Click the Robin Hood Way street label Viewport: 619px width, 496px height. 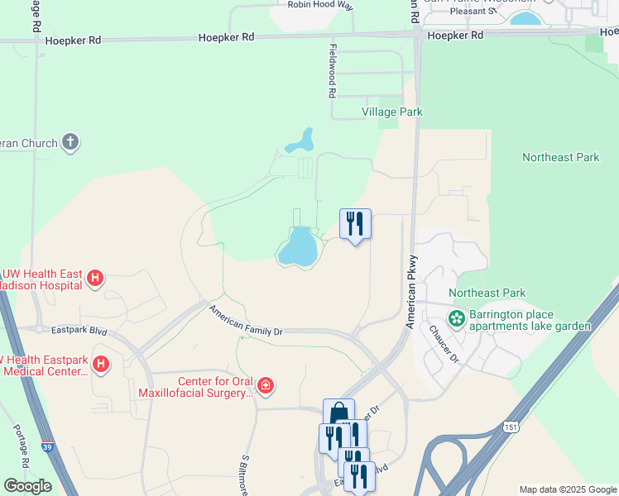(320, 5)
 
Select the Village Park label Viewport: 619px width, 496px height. (391, 112)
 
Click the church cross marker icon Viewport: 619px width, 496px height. (71, 142)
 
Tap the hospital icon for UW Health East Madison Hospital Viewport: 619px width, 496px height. (95, 279)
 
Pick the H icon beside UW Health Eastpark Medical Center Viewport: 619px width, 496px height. (101, 363)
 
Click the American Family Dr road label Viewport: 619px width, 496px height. (246, 322)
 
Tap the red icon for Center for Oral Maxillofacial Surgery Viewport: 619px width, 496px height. (265, 385)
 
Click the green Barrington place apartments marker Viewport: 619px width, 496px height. (456, 318)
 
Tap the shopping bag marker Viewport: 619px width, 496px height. (338, 413)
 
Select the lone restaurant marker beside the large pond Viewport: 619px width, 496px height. (355, 223)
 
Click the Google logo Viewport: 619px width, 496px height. (27, 486)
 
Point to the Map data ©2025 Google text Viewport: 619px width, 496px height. (568, 489)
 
